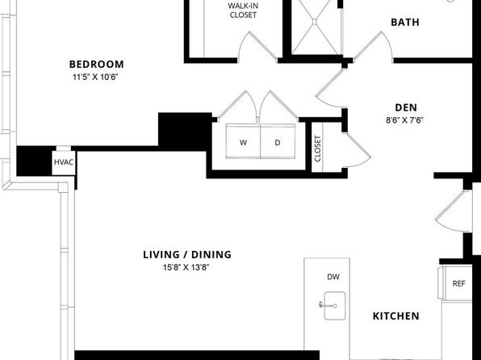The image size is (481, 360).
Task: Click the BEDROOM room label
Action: pyautogui.click(x=97, y=64)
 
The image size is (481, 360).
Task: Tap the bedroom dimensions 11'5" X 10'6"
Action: pyautogui.click(x=95, y=77)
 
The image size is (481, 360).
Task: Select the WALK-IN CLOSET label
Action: pyautogui.click(x=243, y=10)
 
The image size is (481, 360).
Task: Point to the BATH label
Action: pyautogui.click(x=405, y=22)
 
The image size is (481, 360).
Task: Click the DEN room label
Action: pyautogui.click(x=406, y=107)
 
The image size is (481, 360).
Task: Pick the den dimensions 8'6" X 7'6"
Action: pyautogui.click(x=404, y=120)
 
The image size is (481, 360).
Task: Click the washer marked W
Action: pyautogui.click(x=243, y=141)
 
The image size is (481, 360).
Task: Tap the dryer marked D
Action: pyautogui.click(x=278, y=141)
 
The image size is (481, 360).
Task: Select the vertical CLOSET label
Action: pyautogui.click(x=317, y=149)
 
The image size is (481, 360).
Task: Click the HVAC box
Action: pyautogui.click(x=64, y=163)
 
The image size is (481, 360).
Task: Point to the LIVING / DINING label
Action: pyautogui.click(x=187, y=254)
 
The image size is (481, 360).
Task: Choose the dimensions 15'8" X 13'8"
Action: pyautogui.click(x=186, y=267)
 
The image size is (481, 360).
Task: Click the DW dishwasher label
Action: pyautogui.click(x=333, y=277)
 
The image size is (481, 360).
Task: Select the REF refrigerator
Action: pyautogui.click(x=457, y=283)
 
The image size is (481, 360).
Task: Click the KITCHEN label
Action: pyautogui.click(x=395, y=316)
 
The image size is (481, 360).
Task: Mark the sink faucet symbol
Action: pyautogui.click(x=328, y=305)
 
